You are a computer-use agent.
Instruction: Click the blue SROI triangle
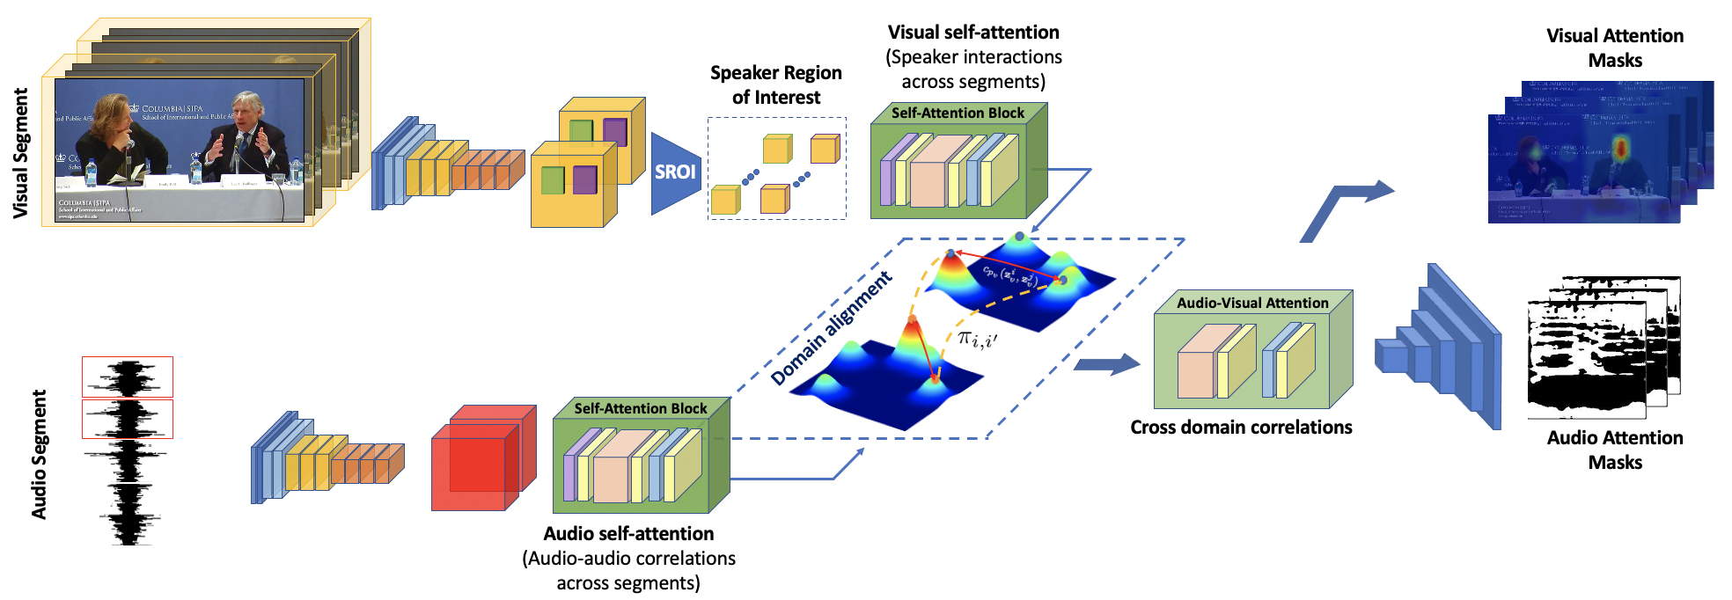pyautogui.click(x=674, y=172)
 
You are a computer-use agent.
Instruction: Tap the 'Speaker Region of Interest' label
pyautogui.click(x=775, y=85)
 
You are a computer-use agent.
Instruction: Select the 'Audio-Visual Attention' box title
pyautogui.click(x=1252, y=303)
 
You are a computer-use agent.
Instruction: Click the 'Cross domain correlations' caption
pyautogui.click(x=1241, y=428)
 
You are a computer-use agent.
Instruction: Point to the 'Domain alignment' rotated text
pyautogui.click(x=831, y=329)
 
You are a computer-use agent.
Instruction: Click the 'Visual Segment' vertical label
pyautogui.click(x=20, y=153)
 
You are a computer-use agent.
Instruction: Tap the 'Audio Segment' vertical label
pyautogui.click(x=39, y=454)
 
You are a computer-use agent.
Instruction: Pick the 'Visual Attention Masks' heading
pyautogui.click(x=1615, y=48)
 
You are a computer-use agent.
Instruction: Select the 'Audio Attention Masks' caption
pyautogui.click(x=1615, y=450)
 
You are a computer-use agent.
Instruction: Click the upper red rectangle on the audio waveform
pyautogui.click(x=128, y=377)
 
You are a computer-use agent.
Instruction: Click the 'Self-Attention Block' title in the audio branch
pyautogui.click(x=640, y=408)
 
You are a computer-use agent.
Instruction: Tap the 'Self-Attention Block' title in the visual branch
pyautogui.click(x=958, y=113)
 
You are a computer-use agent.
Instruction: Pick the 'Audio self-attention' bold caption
pyautogui.click(x=628, y=534)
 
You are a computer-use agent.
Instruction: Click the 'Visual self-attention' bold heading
pyautogui.click(x=973, y=33)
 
